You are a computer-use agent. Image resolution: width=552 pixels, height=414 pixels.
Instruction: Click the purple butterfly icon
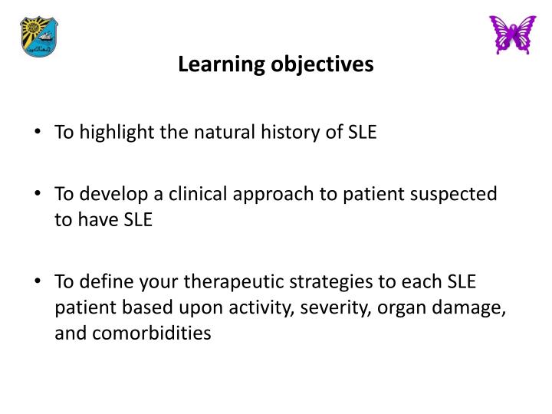pyautogui.click(x=513, y=34)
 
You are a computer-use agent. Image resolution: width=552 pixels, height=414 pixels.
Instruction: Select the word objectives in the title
pyautogui.click(x=321, y=65)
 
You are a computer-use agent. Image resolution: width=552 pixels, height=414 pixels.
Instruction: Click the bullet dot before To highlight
pyautogui.click(x=38, y=133)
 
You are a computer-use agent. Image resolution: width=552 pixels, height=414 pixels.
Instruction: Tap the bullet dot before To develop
pyautogui.click(x=38, y=195)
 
